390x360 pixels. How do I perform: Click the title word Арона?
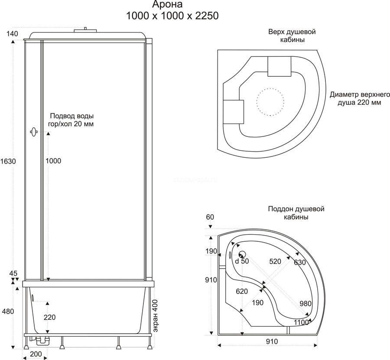click(x=167, y=4)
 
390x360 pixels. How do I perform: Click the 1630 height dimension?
click(x=8, y=161)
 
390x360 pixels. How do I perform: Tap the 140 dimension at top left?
click(x=13, y=33)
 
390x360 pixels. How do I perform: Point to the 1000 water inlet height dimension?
click(x=53, y=161)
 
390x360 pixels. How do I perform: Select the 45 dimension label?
click(x=13, y=273)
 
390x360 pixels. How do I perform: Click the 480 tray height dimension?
click(x=8, y=311)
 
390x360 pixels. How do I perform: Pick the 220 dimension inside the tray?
click(x=49, y=317)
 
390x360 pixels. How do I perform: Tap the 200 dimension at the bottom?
click(x=36, y=354)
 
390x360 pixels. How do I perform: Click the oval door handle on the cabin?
click(x=33, y=132)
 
